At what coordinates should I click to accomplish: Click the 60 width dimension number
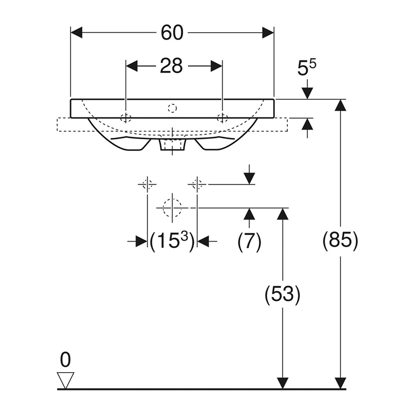172,33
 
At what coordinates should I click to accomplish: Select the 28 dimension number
171,65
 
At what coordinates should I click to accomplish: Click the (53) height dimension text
282,294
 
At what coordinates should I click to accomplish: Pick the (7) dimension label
249,241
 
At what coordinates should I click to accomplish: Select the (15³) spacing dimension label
172,241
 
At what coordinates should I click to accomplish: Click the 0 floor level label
65,360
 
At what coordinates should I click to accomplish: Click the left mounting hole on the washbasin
126,117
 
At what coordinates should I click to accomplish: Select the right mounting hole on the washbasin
222,117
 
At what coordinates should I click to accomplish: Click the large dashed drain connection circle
171,207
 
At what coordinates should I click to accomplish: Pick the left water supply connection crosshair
147,184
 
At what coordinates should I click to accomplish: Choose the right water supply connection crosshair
197,184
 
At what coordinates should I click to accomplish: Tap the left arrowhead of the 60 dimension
77,33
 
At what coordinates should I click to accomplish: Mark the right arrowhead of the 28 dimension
217,65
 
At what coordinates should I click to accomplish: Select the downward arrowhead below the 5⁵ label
307,93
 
